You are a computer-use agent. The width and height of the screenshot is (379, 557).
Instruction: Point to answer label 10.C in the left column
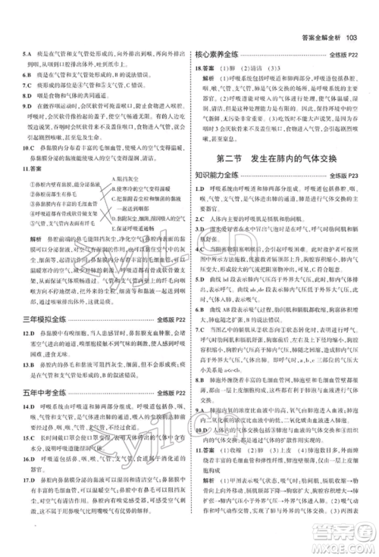point(28,148)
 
